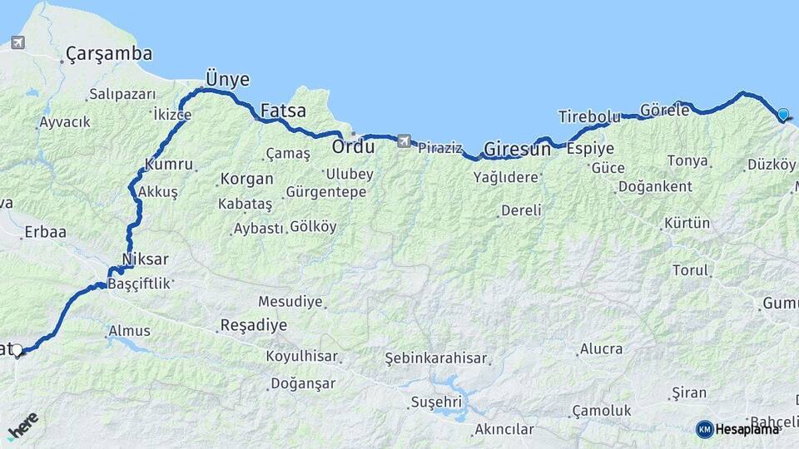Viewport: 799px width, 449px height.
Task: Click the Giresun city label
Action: pyautogui.click(x=517, y=150)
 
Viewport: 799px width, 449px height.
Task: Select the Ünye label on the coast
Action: pyautogui.click(x=227, y=79)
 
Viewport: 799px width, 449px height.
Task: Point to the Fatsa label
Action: pyautogui.click(x=283, y=110)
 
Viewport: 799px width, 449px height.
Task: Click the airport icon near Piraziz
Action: pyautogui.click(x=404, y=141)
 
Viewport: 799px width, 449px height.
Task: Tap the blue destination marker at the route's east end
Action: pyautogui.click(x=783, y=115)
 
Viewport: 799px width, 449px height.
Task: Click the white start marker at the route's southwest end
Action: pyautogui.click(x=17, y=350)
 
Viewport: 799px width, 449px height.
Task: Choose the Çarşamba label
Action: pyautogui.click(x=109, y=54)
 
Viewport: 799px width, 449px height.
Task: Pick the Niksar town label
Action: pyautogui.click(x=145, y=259)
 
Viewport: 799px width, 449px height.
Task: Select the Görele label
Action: pyautogui.click(x=665, y=110)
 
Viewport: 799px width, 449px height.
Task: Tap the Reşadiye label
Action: pyautogui.click(x=253, y=325)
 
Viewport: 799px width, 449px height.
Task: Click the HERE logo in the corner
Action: pyautogui.click(x=22, y=426)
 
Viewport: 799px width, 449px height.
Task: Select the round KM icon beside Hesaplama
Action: pyautogui.click(x=704, y=429)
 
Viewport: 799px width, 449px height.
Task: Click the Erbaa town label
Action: pyautogui.click(x=45, y=232)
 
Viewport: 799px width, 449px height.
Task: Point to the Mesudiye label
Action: pyautogui.click(x=290, y=302)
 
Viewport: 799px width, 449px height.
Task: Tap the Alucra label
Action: pyautogui.click(x=601, y=348)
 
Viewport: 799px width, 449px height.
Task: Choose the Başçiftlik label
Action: pyautogui.click(x=139, y=284)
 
